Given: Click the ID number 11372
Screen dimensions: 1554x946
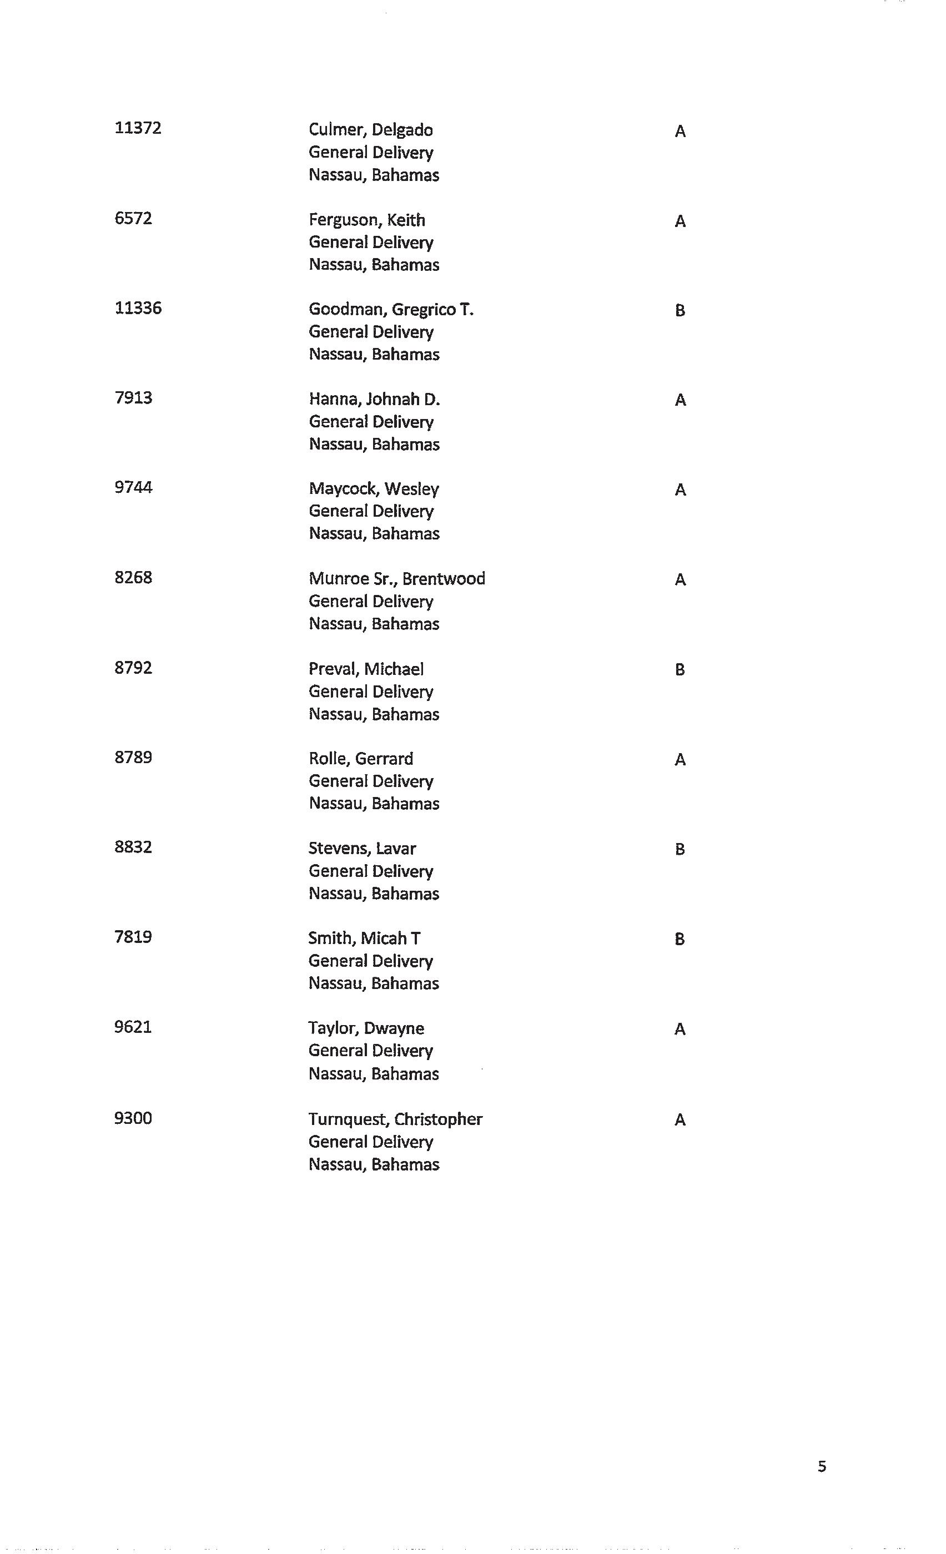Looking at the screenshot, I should [x=138, y=128].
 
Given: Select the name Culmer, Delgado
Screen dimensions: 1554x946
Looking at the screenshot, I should [x=370, y=130].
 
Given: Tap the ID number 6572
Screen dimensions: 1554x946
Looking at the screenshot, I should [x=133, y=218].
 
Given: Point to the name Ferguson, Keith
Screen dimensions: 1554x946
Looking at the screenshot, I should [x=366, y=220].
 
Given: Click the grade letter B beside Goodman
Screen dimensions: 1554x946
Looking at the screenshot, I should [x=679, y=310].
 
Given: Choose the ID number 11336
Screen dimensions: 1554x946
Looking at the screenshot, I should [x=138, y=308].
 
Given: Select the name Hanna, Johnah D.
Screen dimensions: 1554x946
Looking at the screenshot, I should [x=374, y=399].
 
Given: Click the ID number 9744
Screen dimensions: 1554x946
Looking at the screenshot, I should [x=133, y=487].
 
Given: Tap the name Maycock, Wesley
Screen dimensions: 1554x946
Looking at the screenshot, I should [x=374, y=490].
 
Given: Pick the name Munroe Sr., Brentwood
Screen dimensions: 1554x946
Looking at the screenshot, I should [x=397, y=579].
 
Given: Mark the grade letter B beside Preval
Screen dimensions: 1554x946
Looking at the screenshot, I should [x=679, y=670].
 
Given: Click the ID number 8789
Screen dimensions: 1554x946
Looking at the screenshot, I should [x=133, y=757].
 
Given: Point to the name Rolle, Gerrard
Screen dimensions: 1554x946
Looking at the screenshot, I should [x=361, y=759].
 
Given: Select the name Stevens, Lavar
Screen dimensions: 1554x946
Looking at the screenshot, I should [x=362, y=849].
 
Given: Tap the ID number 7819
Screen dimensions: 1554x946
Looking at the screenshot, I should [x=133, y=937].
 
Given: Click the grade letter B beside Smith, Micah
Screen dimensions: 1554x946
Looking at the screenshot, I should [x=679, y=939].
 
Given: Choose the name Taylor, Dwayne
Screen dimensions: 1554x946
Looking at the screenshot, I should [x=366, y=1028].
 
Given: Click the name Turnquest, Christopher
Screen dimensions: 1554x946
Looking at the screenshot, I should [x=395, y=1119].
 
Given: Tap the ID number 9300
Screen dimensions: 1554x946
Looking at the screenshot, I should [x=133, y=1118].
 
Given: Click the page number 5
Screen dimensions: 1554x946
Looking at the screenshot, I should [x=821, y=1466].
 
